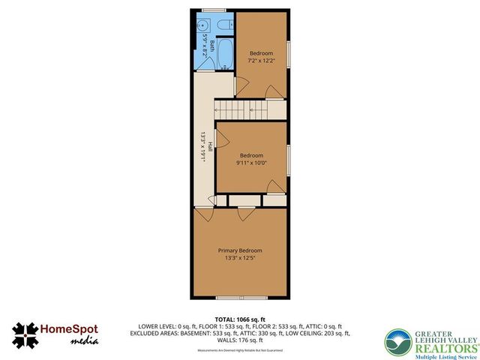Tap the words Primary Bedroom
tap(240, 250)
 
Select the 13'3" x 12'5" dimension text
tap(240, 259)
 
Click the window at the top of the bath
tap(214, 10)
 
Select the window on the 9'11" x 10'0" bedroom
tap(289, 158)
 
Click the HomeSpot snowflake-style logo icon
tap(25, 336)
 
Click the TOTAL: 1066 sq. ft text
tap(239, 319)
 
